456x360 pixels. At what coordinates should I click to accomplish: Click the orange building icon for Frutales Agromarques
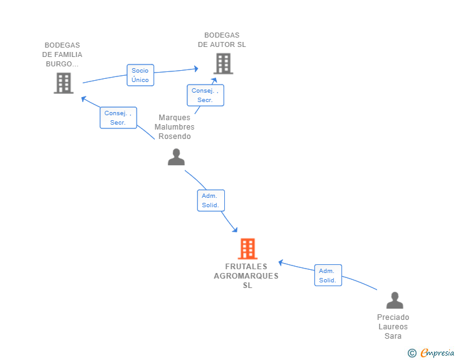click(248, 249)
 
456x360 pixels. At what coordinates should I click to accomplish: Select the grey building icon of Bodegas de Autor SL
click(223, 63)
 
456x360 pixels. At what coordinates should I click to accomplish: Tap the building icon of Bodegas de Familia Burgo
click(63, 83)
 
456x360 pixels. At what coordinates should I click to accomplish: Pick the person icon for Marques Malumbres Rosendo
click(176, 157)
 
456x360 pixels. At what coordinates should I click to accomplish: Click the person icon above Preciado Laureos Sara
click(395, 301)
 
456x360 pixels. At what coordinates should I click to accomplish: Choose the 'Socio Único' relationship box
click(140, 75)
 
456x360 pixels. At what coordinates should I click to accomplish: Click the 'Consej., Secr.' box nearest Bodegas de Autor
click(205, 95)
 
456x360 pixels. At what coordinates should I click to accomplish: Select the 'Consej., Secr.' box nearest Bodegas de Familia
click(118, 118)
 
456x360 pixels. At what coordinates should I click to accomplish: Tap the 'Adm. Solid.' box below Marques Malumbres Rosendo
click(210, 200)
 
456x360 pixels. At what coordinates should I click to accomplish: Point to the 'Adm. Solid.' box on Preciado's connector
click(328, 275)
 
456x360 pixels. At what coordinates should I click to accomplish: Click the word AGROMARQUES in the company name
click(246, 276)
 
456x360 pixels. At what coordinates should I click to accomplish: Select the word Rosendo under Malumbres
click(175, 136)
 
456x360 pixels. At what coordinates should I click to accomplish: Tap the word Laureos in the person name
click(393, 327)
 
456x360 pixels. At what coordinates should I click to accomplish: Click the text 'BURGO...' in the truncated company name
click(63, 64)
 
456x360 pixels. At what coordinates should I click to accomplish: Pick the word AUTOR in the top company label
click(224, 44)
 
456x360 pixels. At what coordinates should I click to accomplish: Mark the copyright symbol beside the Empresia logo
click(412, 353)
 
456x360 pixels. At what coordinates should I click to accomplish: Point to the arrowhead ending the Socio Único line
click(196, 68)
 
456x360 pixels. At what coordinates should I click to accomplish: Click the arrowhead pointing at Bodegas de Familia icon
click(83, 98)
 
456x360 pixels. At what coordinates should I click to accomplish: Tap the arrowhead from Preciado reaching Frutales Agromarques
click(281, 262)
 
